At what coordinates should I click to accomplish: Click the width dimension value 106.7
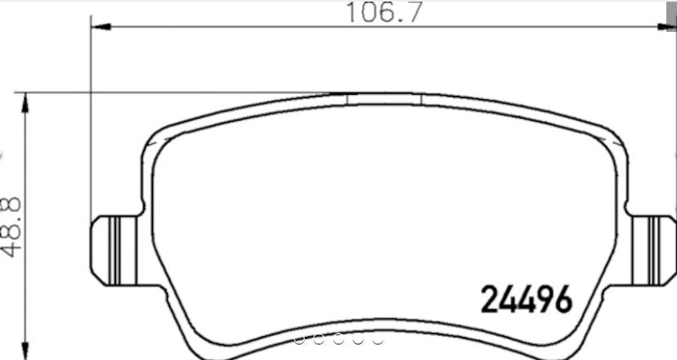point(380,13)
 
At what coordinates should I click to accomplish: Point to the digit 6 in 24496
point(561,300)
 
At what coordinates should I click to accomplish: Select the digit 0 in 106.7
point(366,13)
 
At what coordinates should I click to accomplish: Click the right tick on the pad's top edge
point(420,99)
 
